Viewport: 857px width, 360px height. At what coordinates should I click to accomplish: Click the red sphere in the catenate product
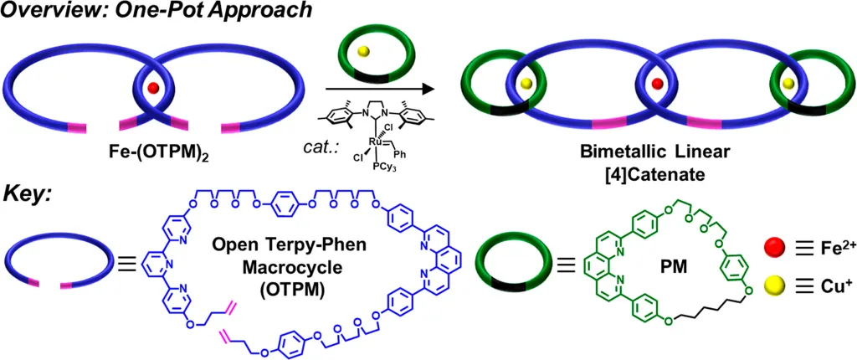pyautogui.click(x=658, y=84)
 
